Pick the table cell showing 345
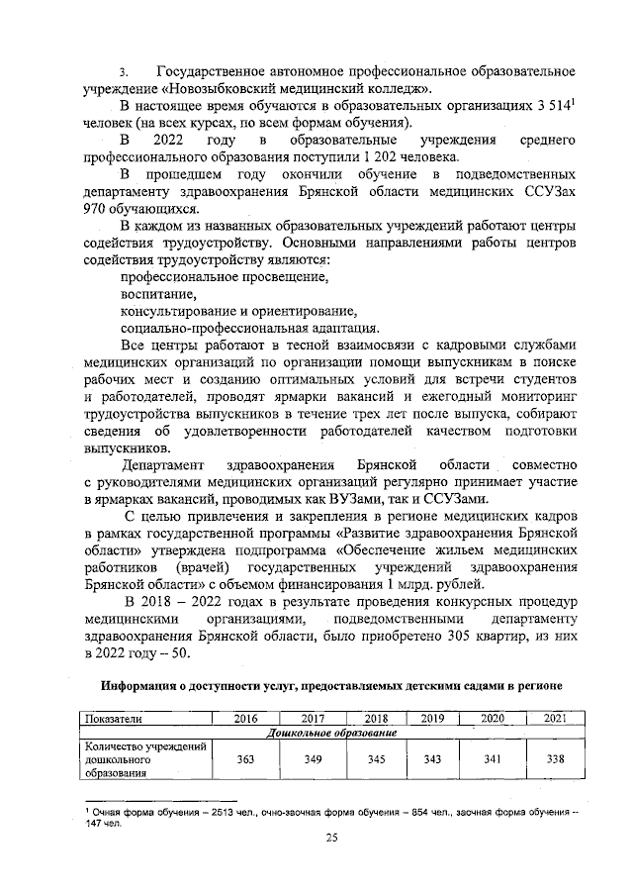[377, 759]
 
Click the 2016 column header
[247, 718]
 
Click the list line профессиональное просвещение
[225, 278]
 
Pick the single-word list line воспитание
[158, 295]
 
